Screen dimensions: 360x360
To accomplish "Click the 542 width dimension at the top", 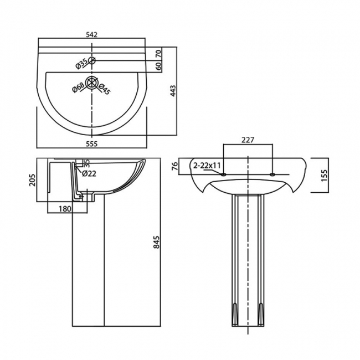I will [x=91, y=34].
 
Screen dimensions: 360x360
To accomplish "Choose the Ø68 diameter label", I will [x=78, y=88].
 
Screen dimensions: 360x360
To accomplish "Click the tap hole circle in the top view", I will [x=92, y=60].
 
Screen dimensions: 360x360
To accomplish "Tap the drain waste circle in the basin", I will [x=92, y=85].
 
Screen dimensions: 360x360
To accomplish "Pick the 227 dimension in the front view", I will [x=248, y=140].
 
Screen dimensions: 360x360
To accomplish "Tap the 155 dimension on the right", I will [x=325, y=175].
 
